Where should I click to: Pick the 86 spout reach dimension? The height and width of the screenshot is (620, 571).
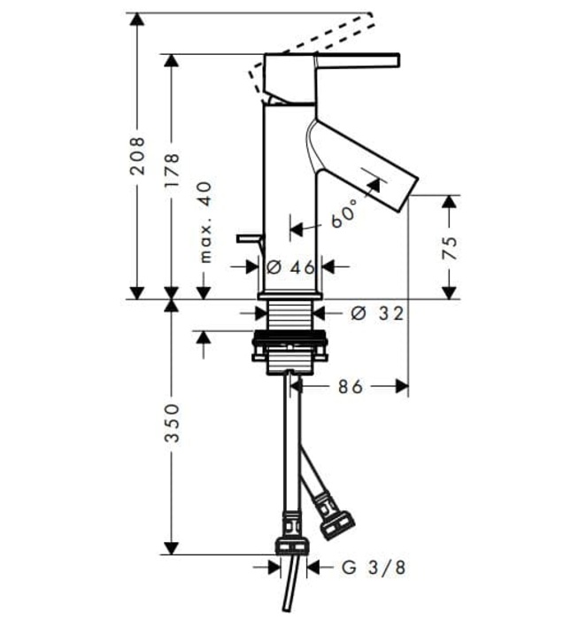351,386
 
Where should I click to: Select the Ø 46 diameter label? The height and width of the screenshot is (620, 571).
290,266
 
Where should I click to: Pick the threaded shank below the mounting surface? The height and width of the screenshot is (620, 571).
289,314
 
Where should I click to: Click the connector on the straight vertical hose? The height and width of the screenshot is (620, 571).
291,541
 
